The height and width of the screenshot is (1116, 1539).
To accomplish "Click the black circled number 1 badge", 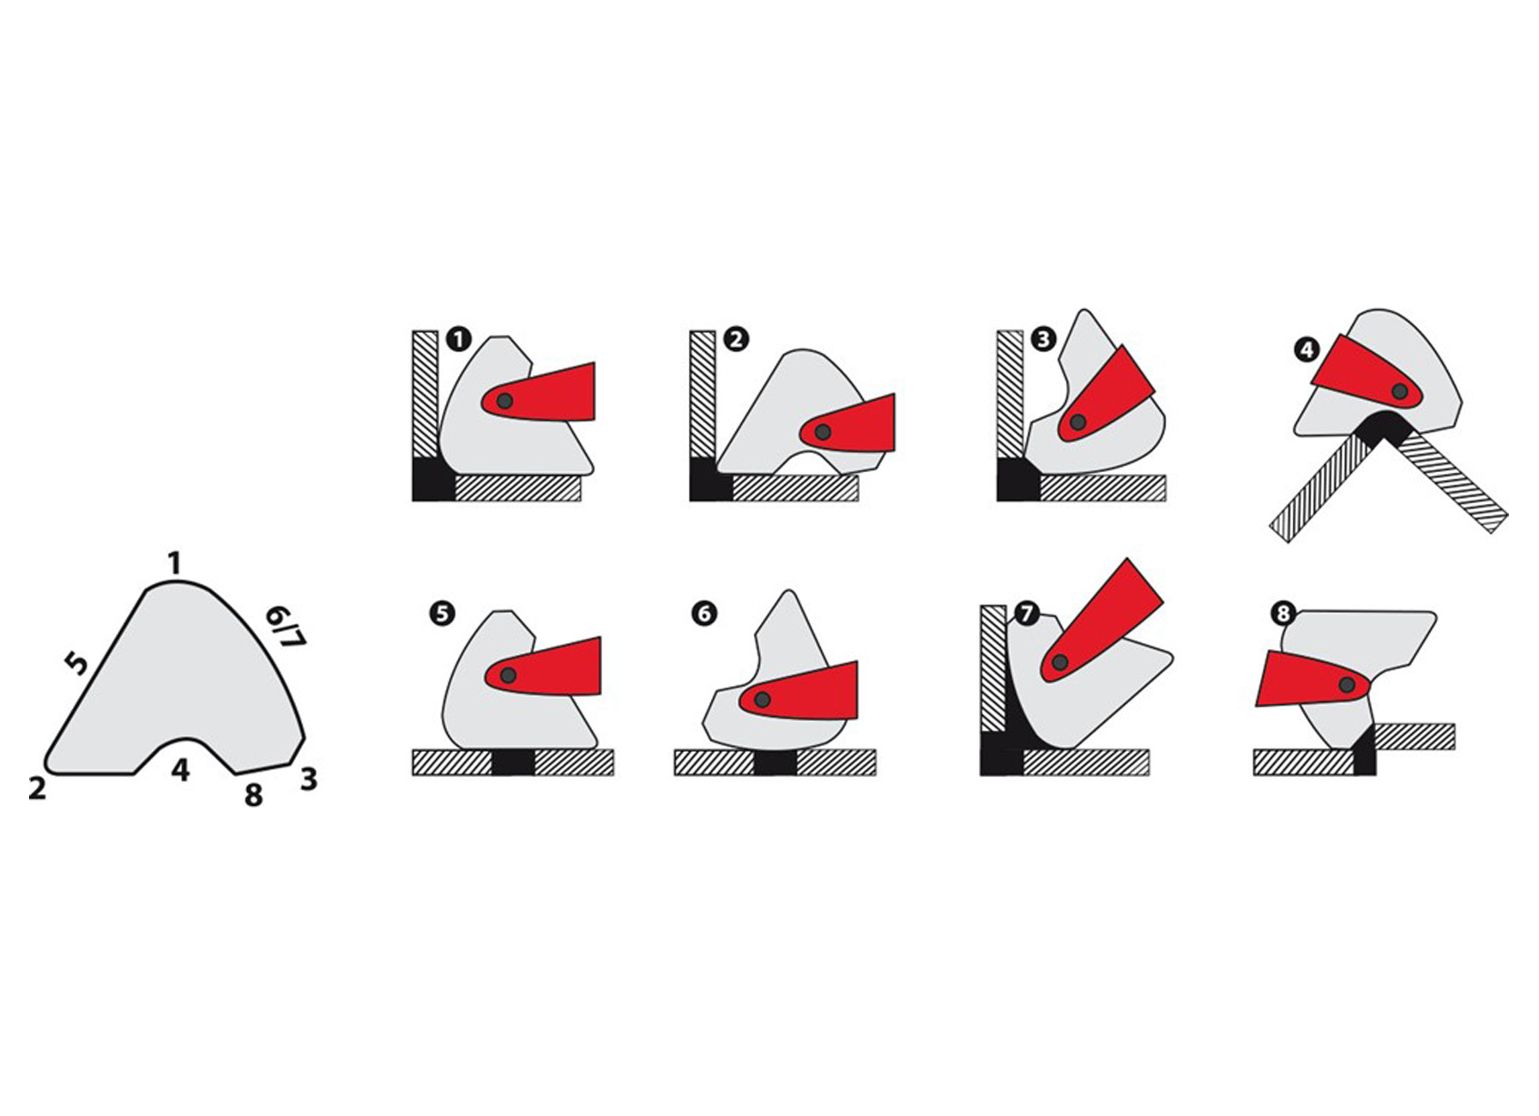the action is pos(459,339).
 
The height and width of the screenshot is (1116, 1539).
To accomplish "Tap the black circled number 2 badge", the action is pos(736,339).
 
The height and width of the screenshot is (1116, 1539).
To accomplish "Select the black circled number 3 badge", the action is pos(1043,339).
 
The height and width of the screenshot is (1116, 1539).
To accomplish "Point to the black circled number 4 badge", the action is pos(1307,350).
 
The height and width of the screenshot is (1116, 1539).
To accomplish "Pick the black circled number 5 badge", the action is pos(442,614).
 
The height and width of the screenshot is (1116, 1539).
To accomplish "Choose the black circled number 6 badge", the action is pos(704,614).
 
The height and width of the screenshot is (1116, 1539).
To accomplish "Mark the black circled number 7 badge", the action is pos(1026,614).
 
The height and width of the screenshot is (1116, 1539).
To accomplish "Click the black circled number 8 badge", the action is pos(1283,614).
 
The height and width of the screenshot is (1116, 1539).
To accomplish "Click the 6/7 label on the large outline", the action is pos(286,628).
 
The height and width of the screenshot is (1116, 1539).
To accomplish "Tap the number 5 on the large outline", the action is pos(76,663).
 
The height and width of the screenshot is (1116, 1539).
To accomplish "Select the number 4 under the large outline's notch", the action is pos(180,770).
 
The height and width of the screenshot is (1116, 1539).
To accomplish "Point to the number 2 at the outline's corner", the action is pos(37,788).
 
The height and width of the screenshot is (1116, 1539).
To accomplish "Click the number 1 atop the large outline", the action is pos(175,564).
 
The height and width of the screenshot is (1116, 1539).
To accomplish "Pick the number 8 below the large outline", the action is pos(253,795).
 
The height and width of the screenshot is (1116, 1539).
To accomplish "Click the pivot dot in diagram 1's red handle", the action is pos(504,401).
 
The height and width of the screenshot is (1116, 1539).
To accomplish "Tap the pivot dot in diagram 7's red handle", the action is pos(1060,663).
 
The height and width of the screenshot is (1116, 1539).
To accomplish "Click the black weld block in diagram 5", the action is pos(513,762).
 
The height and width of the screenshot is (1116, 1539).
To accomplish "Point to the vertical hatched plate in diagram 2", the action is pos(703,394).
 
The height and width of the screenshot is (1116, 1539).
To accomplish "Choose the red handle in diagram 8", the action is pos(1313,678).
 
